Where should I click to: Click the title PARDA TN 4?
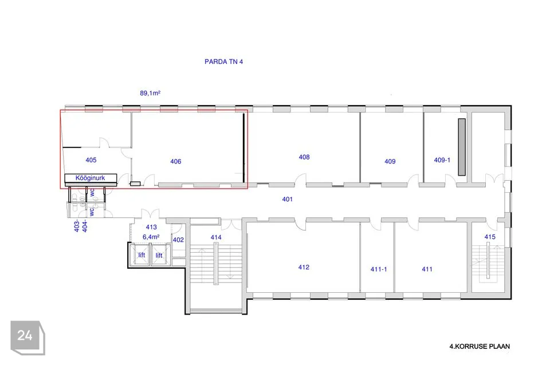223,62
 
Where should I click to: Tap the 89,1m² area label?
150,93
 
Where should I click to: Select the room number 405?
91,160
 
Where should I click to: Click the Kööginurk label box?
91,178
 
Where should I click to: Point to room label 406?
176,161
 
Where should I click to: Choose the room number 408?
304,157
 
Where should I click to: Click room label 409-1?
442,160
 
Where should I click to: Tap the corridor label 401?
287,199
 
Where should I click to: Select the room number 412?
304,267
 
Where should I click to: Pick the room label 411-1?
379,269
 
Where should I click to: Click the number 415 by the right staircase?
490,237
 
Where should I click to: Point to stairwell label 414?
216,237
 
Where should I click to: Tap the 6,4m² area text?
151,237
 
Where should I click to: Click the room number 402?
178,240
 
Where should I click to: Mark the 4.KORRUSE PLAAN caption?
480,347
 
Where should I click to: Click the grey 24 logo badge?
27,337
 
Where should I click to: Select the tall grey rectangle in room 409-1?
462,147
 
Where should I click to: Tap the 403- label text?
76,226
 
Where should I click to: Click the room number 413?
151,227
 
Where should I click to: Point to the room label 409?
390,161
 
